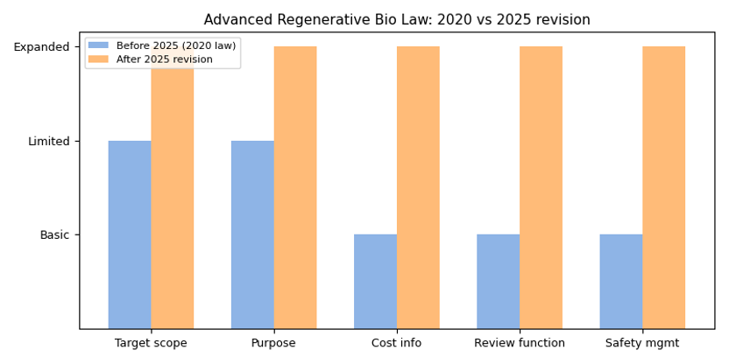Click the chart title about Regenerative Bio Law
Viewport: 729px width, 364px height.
pos(397,19)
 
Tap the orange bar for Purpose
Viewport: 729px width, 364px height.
pos(295,187)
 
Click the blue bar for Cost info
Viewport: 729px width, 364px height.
pos(375,281)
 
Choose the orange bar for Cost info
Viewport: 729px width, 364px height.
pos(418,187)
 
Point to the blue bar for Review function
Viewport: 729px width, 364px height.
pos(498,281)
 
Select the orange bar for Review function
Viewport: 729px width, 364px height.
pos(541,187)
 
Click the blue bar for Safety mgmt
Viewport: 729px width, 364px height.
pos(621,281)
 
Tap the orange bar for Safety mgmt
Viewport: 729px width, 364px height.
pos(664,187)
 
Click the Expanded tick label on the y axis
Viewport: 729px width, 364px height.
pos(41,47)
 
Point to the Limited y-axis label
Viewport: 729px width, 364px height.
pos(48,141)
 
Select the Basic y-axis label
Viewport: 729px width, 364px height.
pos(54,235)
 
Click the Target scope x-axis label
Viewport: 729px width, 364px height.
pos(151,343)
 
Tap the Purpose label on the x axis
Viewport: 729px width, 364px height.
pos(273,343)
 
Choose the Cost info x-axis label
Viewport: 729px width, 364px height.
pos(397,343)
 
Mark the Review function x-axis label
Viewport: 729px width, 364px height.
pos(520,343)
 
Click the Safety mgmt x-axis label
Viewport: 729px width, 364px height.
pos(642,343)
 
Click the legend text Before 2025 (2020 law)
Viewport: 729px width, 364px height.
pos(176,45)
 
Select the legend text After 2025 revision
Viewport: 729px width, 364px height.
pos(165,59)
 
